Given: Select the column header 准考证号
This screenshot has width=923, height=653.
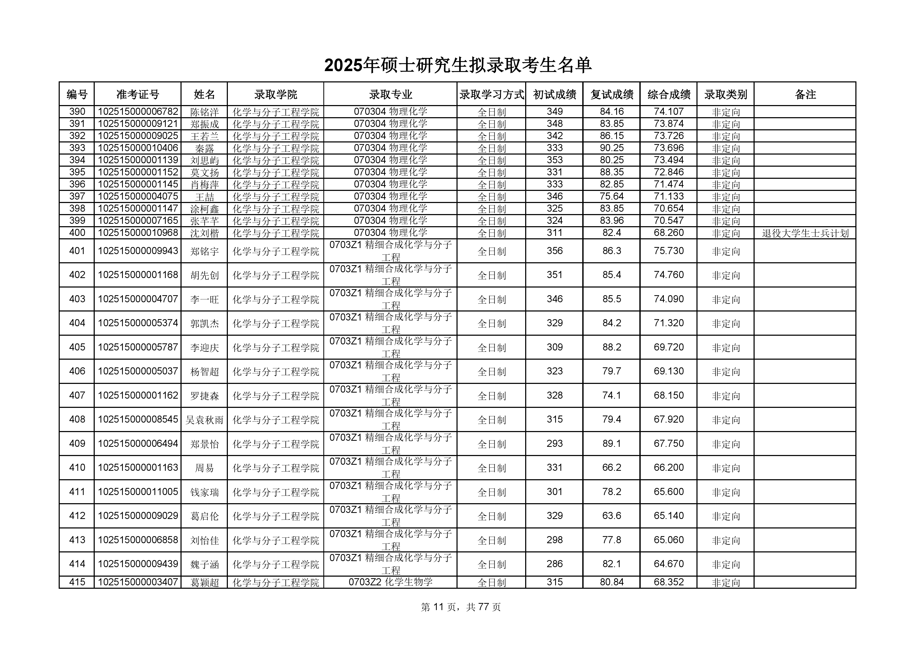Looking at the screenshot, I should (138, 95).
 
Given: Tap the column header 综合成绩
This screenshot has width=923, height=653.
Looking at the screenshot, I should (669, 95).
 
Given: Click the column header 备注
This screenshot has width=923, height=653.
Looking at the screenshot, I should (805, 95).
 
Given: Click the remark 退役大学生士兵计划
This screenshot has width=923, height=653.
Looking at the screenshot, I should (805, 233).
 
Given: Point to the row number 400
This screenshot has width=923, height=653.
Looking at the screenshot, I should (77, 232).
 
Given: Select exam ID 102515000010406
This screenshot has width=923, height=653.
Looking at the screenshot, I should (138, 148).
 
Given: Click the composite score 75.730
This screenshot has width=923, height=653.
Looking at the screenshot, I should (669, 251).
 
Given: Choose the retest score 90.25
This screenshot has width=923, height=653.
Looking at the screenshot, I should (611, 148).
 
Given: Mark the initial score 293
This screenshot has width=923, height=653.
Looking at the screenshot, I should (554, 443).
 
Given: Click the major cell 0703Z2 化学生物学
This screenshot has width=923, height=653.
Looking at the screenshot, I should (390, 582).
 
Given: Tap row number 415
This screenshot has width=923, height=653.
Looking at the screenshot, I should (77, 582).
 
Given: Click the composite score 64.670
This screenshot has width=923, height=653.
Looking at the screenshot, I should (669, 564).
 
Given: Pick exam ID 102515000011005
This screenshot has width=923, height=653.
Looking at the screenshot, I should (138, 492).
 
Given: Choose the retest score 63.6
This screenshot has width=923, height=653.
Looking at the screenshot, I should (611, 516).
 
